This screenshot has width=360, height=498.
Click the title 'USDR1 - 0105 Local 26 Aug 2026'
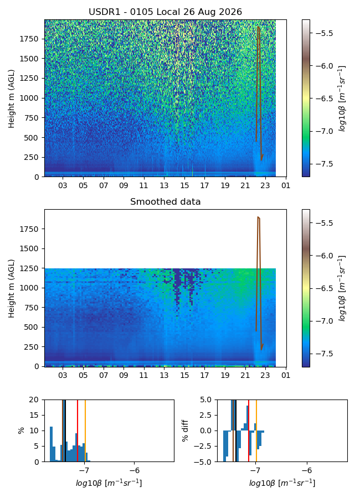(x=166, y=12)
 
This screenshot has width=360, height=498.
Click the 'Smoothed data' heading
(x=166, y=201)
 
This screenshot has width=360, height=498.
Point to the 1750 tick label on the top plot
(x=29, y=39)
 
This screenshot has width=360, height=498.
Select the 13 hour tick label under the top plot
(x=164, y=185)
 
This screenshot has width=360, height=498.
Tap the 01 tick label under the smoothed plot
(x=286, y=375)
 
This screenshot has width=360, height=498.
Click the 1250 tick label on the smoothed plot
(x=29, y=268)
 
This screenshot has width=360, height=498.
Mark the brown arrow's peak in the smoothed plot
(x=258, y=217)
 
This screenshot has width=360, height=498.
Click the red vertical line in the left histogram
(x=78, y=430)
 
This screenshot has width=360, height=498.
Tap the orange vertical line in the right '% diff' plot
(x=256, y=430)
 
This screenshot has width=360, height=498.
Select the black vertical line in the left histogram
(x=65, y=430)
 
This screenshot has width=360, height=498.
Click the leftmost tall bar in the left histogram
(x=51, y=444)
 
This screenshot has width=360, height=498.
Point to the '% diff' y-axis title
(x=185, y=430)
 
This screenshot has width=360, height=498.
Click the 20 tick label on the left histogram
(x=34, y=400)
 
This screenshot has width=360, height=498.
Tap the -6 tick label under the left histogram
(x=135, y=471)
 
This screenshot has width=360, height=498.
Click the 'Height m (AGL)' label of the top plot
(x=12, y=98)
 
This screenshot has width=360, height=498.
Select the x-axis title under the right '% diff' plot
(x=282, y=483)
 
